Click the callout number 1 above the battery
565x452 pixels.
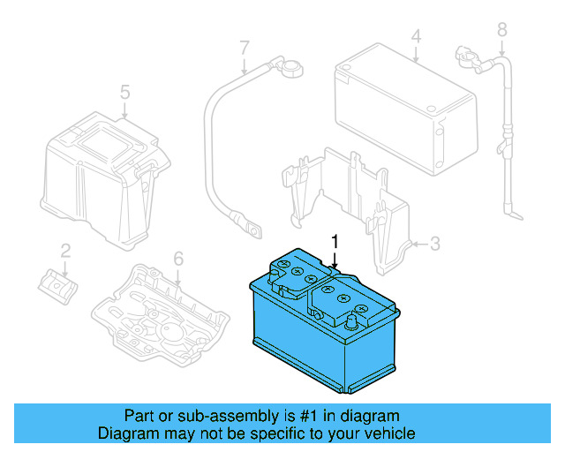pos(335,241)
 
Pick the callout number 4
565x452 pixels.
pos(415,37)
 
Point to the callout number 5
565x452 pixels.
pos(124,92)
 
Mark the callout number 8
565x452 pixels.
pos(501,30)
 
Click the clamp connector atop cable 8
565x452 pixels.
pos(464,55)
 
